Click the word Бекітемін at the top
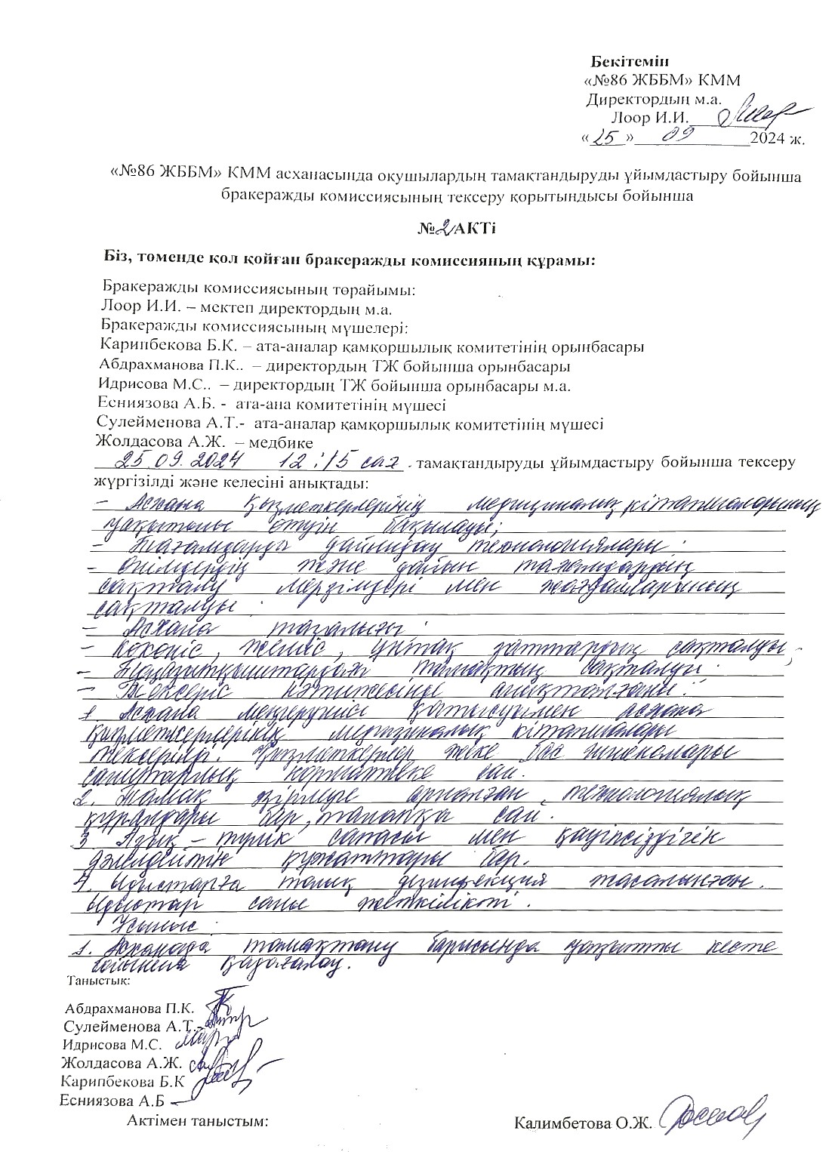tap(630, 60)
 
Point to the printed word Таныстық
tap(99, 981)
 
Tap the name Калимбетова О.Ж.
tap(582, 1123)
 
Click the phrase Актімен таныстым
tap(199, 1121)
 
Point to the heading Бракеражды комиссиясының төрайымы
tap(259, 289)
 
